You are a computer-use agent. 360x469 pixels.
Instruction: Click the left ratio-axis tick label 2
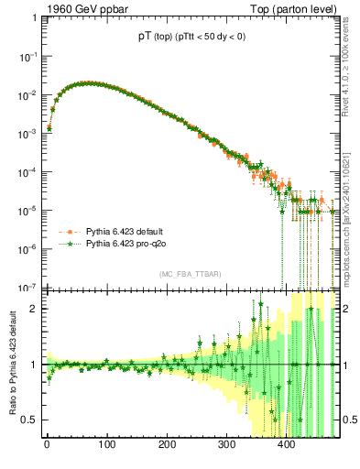34,309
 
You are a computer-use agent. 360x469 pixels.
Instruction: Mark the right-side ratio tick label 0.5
349,420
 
